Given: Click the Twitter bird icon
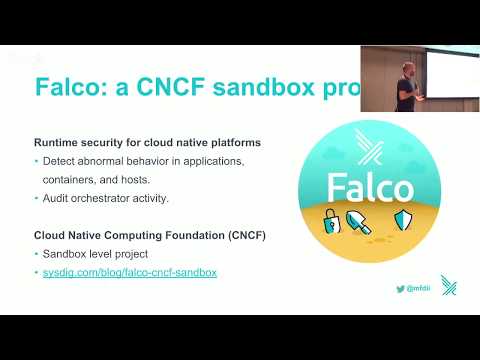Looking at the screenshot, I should coord(400,288).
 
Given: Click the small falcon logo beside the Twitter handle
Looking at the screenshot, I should coord(449,286).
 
